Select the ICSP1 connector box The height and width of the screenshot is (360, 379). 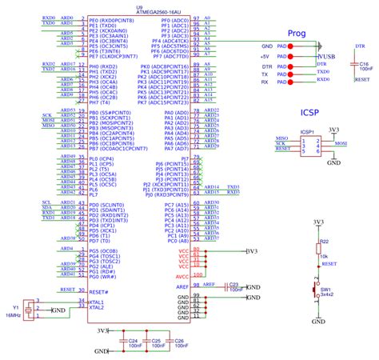point(307,144)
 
